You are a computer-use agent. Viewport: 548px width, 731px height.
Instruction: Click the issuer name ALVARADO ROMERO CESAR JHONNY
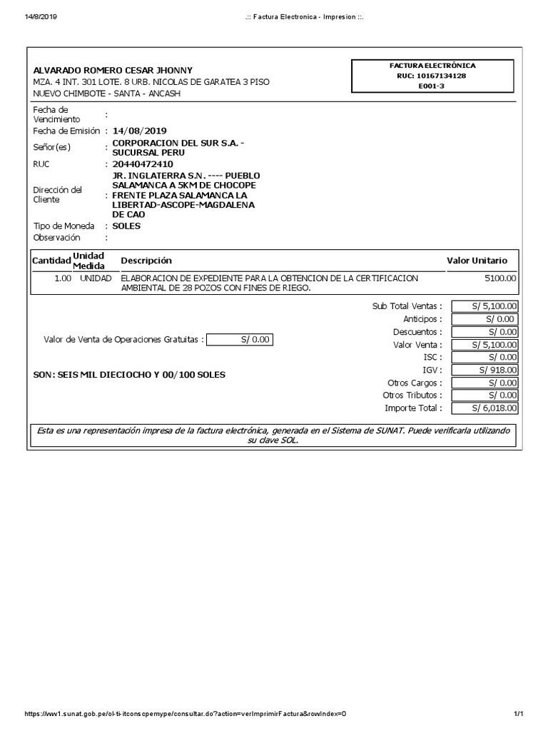113,70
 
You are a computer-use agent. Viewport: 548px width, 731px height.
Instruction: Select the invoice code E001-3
432,86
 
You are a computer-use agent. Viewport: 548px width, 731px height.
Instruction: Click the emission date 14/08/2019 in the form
139,131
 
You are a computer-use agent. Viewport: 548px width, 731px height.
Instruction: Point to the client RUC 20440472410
143,164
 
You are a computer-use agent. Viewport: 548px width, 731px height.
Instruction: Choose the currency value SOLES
126,226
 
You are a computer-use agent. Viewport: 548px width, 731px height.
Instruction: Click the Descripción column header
146,261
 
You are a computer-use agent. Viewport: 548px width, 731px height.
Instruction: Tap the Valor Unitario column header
477,261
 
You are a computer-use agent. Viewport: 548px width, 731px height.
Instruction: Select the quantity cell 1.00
63,278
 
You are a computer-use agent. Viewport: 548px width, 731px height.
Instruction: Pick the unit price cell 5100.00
502,278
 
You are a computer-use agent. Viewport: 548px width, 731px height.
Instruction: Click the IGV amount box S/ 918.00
484,370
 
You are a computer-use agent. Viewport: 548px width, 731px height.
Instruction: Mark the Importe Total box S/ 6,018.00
484,408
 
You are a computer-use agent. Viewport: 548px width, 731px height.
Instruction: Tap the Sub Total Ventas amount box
484,306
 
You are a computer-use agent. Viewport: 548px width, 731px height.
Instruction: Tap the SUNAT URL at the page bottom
186,715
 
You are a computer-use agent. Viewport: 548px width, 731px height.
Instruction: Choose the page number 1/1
519,715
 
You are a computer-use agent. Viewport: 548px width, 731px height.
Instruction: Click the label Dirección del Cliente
58,194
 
